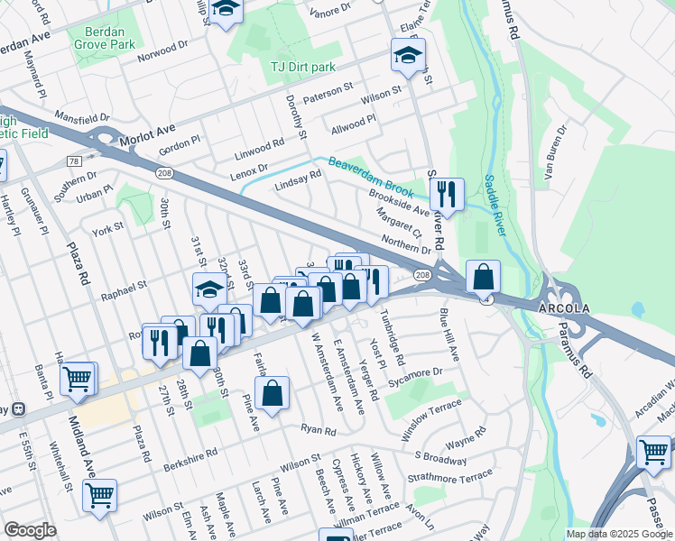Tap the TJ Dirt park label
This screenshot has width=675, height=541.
pos(303,68)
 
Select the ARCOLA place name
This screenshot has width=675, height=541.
pos(564,307)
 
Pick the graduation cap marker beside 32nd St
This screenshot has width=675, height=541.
pos(209,290)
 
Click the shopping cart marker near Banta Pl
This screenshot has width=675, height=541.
pos(79,379)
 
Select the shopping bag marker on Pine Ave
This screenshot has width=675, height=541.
pos(272,392)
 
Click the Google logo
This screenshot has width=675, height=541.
pos(30,530)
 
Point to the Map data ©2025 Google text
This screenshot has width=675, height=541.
pos(618,534)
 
